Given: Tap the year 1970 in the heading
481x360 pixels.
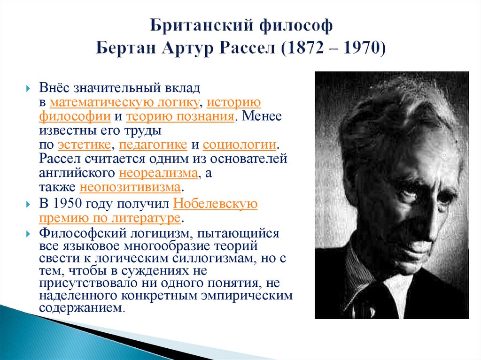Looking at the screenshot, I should [359, 49].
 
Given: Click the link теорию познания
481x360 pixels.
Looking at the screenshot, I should [180, 116].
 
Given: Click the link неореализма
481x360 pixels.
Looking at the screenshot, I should [158, 173].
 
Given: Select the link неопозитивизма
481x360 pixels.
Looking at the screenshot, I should [130, 187].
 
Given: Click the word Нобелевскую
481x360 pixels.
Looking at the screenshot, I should [216, 205].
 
